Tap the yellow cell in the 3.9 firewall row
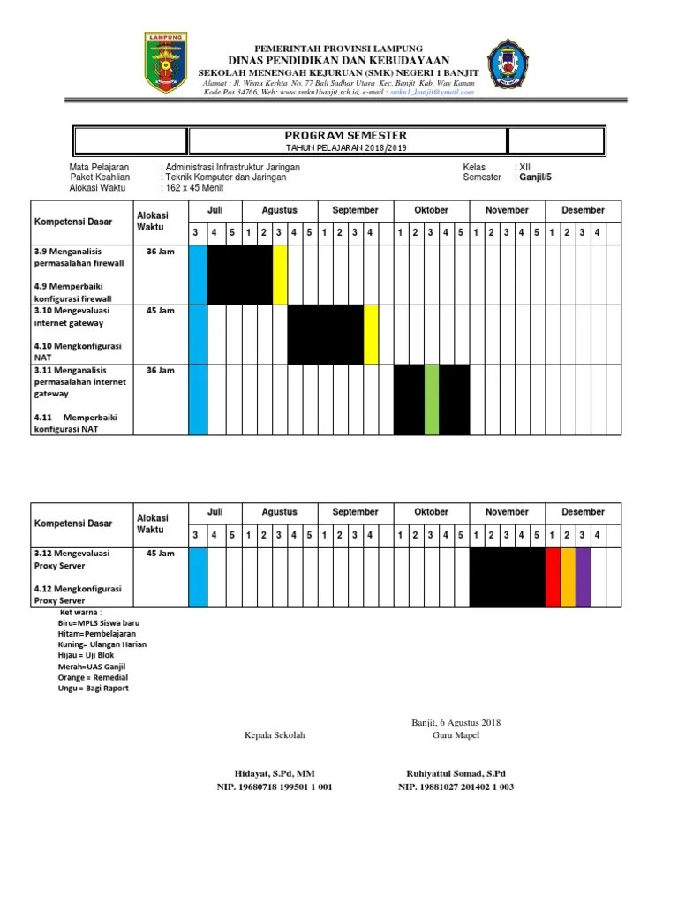(x=281, y=275)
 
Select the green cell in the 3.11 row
(x=432, y=400)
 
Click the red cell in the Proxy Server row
(x=553, y=577)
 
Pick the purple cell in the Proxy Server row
(x=583, y=577)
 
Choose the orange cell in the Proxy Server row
(x=568, y=577)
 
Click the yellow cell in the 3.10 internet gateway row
(x=371, y=335)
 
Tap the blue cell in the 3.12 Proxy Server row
(x=198, y=577)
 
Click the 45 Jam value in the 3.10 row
(x=160, y=311)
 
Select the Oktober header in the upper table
(x=432, y=210)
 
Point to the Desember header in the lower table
(x=584, y=512)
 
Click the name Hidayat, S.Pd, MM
(x=275, y=772)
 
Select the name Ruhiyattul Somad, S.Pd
(x=456, y=772)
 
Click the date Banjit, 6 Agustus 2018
(x=456, y=723)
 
